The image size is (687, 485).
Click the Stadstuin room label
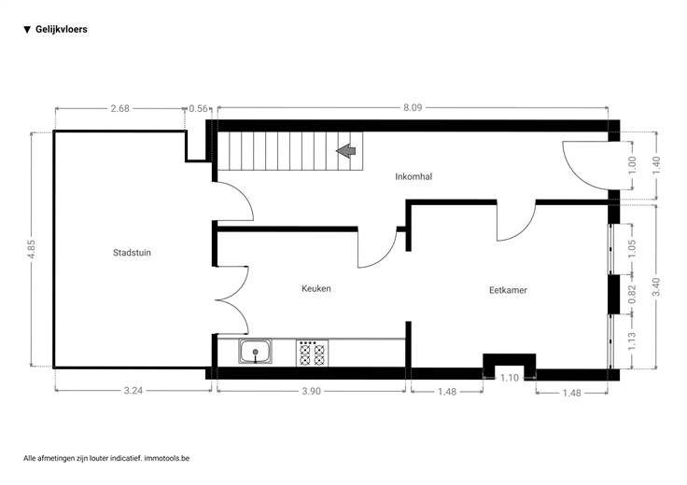pos(132,253)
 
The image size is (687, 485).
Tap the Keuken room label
pos(315,288)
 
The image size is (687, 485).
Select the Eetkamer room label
pos(508,290)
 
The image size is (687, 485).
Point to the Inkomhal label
pos(414,176)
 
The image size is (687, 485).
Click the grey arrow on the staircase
pos(346,151)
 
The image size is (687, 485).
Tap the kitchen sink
pos(255,351)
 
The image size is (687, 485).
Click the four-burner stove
pos(313,353)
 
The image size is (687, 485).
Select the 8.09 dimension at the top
pos(413,107)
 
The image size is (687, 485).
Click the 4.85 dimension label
pos(32,250)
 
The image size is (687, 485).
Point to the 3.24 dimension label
pos(133,391)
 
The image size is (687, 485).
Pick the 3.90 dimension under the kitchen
pos(311,391)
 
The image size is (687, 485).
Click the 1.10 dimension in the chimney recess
pos(509,378)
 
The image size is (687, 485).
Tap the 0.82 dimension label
pos(632,294)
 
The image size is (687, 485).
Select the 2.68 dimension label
pos(119,108)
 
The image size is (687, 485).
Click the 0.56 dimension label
pos(199,108)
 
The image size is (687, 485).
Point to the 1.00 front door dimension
pos(632,165)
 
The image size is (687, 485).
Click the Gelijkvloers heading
pos(62,29)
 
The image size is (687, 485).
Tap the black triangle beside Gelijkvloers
pos(27,30)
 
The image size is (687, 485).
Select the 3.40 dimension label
pos(656,286)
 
